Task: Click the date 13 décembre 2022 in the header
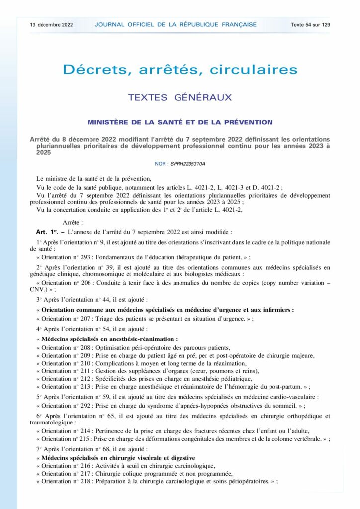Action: click(x=51, y=24)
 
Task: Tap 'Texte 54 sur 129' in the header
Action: click(x=311, y=24)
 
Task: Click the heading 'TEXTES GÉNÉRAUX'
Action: click(x=180, y=97)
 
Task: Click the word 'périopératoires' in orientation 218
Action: click(x=245, y=482)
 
